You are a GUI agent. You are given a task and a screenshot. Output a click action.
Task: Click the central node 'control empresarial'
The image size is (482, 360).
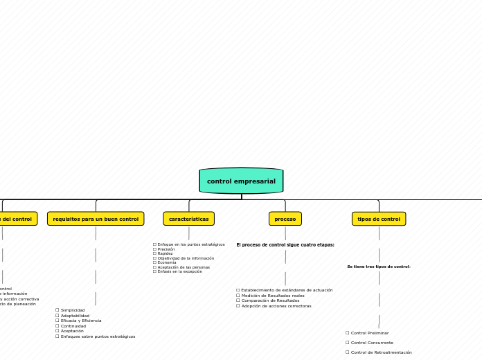(x=241, y=181)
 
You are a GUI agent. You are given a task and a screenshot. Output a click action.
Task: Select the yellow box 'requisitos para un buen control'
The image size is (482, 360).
(x=96, y=219)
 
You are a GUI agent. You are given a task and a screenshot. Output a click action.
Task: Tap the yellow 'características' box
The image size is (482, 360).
(x=188, y=219)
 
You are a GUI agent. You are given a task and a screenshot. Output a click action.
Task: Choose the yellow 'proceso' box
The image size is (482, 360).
(x=285, y=219)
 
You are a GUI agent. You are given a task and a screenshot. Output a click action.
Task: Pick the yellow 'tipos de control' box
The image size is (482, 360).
(x=378, y=219)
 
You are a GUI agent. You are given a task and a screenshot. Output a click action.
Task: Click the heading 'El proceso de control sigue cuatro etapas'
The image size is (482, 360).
(x=285, y=244)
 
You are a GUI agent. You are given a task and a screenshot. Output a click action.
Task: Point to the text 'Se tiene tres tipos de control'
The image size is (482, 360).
(x=378, y=267)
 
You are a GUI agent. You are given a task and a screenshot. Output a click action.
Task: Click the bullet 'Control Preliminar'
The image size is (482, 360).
(x=369, y=333)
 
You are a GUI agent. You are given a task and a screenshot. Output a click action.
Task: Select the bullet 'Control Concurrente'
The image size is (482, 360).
(x=371, y=343)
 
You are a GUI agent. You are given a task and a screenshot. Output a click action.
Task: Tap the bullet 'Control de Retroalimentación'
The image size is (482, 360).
(x=381, y=352)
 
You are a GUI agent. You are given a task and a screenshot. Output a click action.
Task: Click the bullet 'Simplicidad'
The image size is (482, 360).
(x=72, y=310)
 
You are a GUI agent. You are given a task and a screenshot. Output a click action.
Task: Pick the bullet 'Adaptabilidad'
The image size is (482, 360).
(x=74, y=316)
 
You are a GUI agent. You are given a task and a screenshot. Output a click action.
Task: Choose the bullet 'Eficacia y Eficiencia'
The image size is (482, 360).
(x=80, y=321)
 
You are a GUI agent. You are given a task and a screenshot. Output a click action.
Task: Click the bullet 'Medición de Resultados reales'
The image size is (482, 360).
(x=272, y=296)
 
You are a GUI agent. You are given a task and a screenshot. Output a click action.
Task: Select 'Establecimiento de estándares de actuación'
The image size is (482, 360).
(x=286, y=290)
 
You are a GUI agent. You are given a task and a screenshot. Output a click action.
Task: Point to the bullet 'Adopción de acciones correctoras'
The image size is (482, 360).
(x=276, y=306)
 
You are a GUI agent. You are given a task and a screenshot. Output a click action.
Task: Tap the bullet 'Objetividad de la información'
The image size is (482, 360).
(x=185, y=258)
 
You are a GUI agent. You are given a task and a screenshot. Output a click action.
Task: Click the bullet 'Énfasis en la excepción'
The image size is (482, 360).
(x=179, y=271)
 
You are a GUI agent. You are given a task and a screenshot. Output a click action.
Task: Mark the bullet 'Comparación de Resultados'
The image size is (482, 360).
(x=269, y=300)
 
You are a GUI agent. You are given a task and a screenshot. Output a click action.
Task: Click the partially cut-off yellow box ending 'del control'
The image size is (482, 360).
(x=17, y=219)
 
